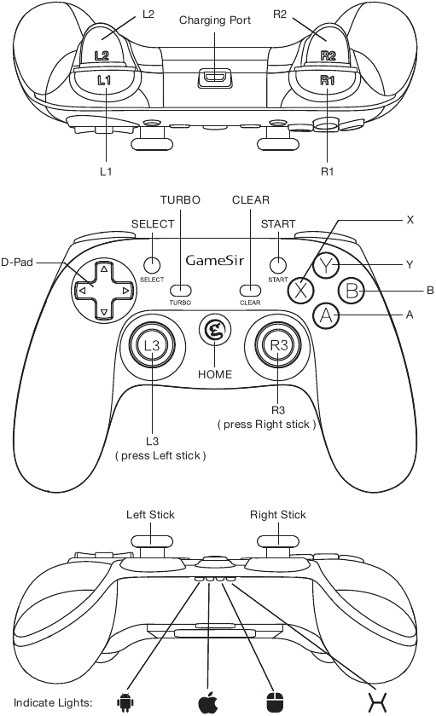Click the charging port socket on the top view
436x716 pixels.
click(x=215, y=78)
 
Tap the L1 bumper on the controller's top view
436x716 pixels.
click(x=104, y=80)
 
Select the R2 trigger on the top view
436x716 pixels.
click(x=328, y=51)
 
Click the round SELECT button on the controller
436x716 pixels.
click(x=152, y=264)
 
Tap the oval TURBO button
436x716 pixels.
click(x=180, y=290)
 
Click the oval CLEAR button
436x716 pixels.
click(x=250, y=290)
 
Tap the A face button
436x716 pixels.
click(x=326, y=316)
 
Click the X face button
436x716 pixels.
click(x=300, y=290)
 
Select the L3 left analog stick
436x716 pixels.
click(x=152, y=345)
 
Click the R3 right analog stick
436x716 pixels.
click(x=278, y=345)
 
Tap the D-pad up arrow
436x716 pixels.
click(x=103, y=270)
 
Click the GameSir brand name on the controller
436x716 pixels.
click(x=214, y=260)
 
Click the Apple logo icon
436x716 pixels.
click(x=207, y=702)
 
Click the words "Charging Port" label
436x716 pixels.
click(x=215, y=20)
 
